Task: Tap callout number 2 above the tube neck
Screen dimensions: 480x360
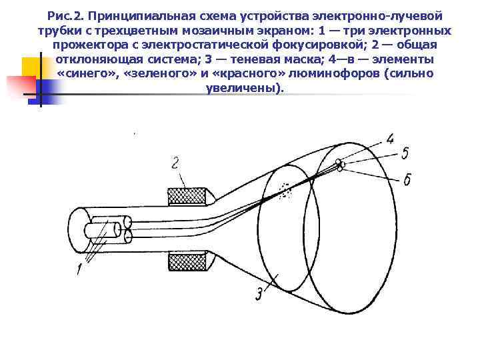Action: (x=174, y=163)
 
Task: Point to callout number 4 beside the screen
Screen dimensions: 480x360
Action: (x=389, y=139)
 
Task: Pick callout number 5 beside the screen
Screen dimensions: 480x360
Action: (x=405, y=154)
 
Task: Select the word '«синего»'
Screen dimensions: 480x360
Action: (x=85, y=74)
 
